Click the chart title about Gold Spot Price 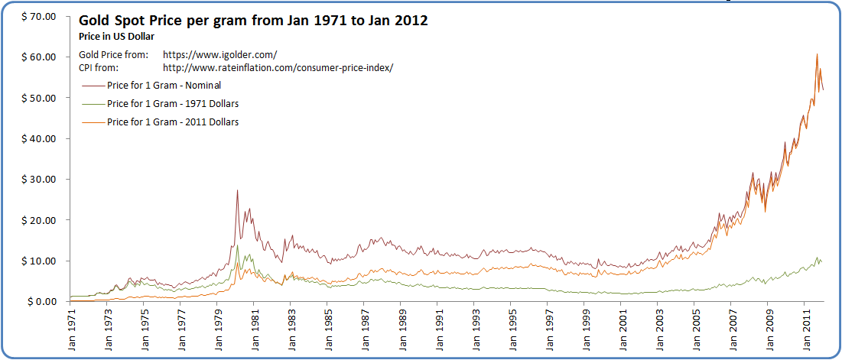click(x=253, y=21)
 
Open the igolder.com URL click(x=220, y=55)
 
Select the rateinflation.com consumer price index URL click(x=278, y=68)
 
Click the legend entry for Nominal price click(x=164, y=85)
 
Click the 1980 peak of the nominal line click(x=238, y=190)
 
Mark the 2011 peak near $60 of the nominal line click(x=817, y=54)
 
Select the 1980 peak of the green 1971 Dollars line click(x=238, y=246)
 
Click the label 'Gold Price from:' click(x=113, y=55)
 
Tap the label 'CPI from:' click(x=101, y=68)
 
